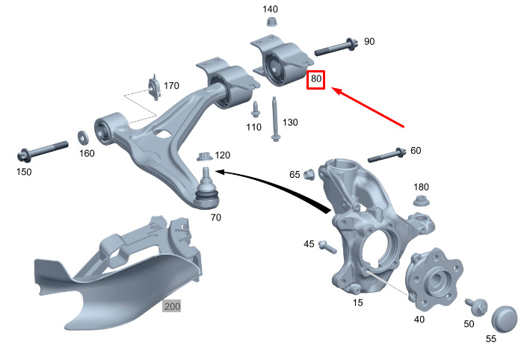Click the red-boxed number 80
315,79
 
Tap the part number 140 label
270,9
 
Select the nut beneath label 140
271,22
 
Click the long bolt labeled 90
336,48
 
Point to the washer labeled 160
83,137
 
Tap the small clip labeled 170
155,87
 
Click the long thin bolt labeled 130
275,120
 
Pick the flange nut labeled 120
205,157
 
